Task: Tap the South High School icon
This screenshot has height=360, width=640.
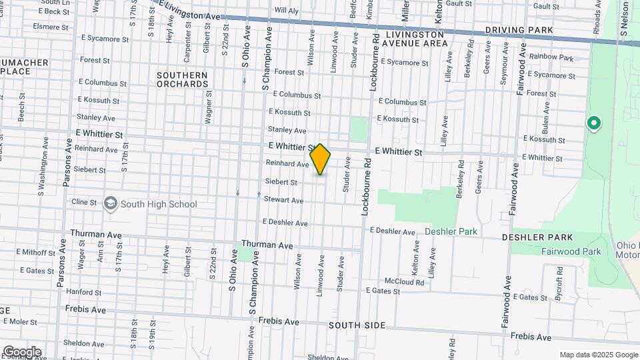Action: [x=111, y=204]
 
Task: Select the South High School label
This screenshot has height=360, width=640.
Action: [x=159, y=204]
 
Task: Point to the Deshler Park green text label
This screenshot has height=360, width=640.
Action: [x=451, y=231]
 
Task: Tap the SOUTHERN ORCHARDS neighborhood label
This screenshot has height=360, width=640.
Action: [x=183, y=79]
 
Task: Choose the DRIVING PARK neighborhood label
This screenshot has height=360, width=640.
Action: [x=519, y=30]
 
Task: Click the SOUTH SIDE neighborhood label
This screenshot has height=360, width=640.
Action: [x=357, y=325]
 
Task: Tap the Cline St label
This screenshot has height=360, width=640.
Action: [x=84, y=202]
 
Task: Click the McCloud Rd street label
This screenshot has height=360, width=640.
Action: [x=404, y=282]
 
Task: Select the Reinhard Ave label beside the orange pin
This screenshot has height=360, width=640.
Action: [x=287, y=163]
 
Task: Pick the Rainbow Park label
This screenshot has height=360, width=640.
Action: [x=551, y=58]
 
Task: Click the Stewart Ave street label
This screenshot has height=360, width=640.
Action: [x=283, y=200]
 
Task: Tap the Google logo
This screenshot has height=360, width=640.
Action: [x=22, y=352]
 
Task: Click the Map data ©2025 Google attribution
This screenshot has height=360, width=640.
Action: [x=599, y=355]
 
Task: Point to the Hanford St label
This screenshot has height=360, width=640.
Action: [x=83, y=292]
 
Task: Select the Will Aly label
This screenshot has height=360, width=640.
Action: [x=287, y=11]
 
